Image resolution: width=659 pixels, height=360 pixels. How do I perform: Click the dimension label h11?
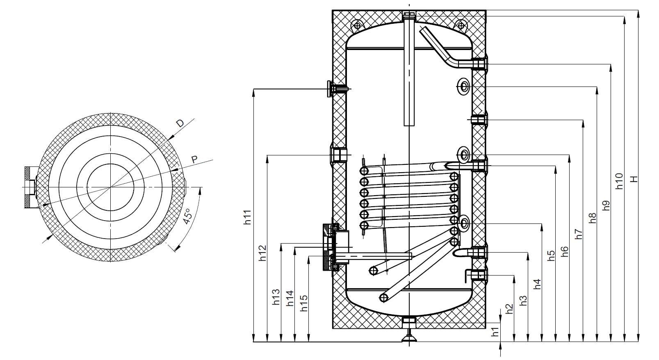(x=247, y=217)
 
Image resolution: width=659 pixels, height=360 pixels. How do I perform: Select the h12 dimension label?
(x=262, y=253)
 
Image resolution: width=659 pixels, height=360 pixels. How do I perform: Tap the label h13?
(x=276, y=297)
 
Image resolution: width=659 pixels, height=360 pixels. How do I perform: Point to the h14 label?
(x=290, y=298)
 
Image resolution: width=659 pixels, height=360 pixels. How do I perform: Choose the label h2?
(x=509, y=308)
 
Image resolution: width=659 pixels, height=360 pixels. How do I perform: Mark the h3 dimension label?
(x=523, y=300)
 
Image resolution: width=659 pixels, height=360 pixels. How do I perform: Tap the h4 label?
(x=537, y=284)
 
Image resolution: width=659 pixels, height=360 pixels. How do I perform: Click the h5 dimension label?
(x=551, y=255)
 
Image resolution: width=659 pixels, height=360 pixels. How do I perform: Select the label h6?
(x=565, y=251)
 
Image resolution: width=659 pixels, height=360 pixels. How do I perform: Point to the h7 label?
(x=579, y=234)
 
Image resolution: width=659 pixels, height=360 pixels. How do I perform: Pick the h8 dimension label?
(x=592, y=218)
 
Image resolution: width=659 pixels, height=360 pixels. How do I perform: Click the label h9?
(x=606, y=205)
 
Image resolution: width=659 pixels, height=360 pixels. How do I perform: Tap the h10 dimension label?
(x=619, y=181)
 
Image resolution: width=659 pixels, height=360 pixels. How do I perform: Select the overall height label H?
(x=634, y=179)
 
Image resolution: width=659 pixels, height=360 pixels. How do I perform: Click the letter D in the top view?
(x=180, y=123)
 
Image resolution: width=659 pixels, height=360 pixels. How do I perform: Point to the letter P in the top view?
(x=194, y=159)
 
